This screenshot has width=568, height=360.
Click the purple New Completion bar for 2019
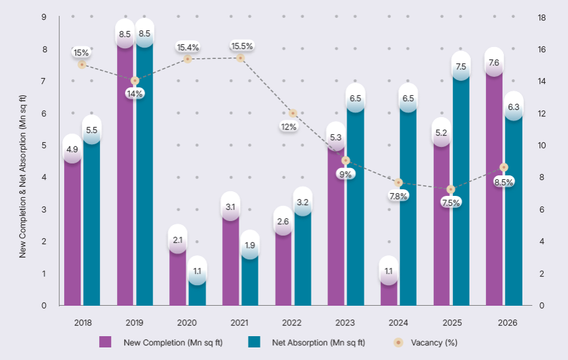click(x=125, y=170)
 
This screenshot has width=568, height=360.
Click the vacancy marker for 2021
click(x=240, y=58)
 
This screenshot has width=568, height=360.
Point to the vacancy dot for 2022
click(x=293, y=113)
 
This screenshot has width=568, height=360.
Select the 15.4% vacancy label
click(x=188, y=47)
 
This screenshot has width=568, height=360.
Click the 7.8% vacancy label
click(x=399, y=196)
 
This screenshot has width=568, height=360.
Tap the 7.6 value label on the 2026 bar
click(x=494, y=63)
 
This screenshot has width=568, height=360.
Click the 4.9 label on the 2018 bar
click(x=72, y=149)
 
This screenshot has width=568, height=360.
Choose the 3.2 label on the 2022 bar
click(x=302, y=202)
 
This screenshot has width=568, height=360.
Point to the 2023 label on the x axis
click(x=345, y=323)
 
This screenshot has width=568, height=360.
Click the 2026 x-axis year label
click(x=508, y=323)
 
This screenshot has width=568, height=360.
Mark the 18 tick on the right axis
click(x=542, y=17)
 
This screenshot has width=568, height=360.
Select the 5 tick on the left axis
click(x=44, y=146)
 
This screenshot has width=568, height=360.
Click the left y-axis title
click(x=22, y=176)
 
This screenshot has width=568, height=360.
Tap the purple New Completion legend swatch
click(x=105, y=342)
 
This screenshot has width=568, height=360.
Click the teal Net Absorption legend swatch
click(x=255, y=342)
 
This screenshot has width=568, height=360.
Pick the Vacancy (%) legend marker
click(x=399, y=342)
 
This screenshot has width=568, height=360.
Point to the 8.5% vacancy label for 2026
click(x=504, y=183)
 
